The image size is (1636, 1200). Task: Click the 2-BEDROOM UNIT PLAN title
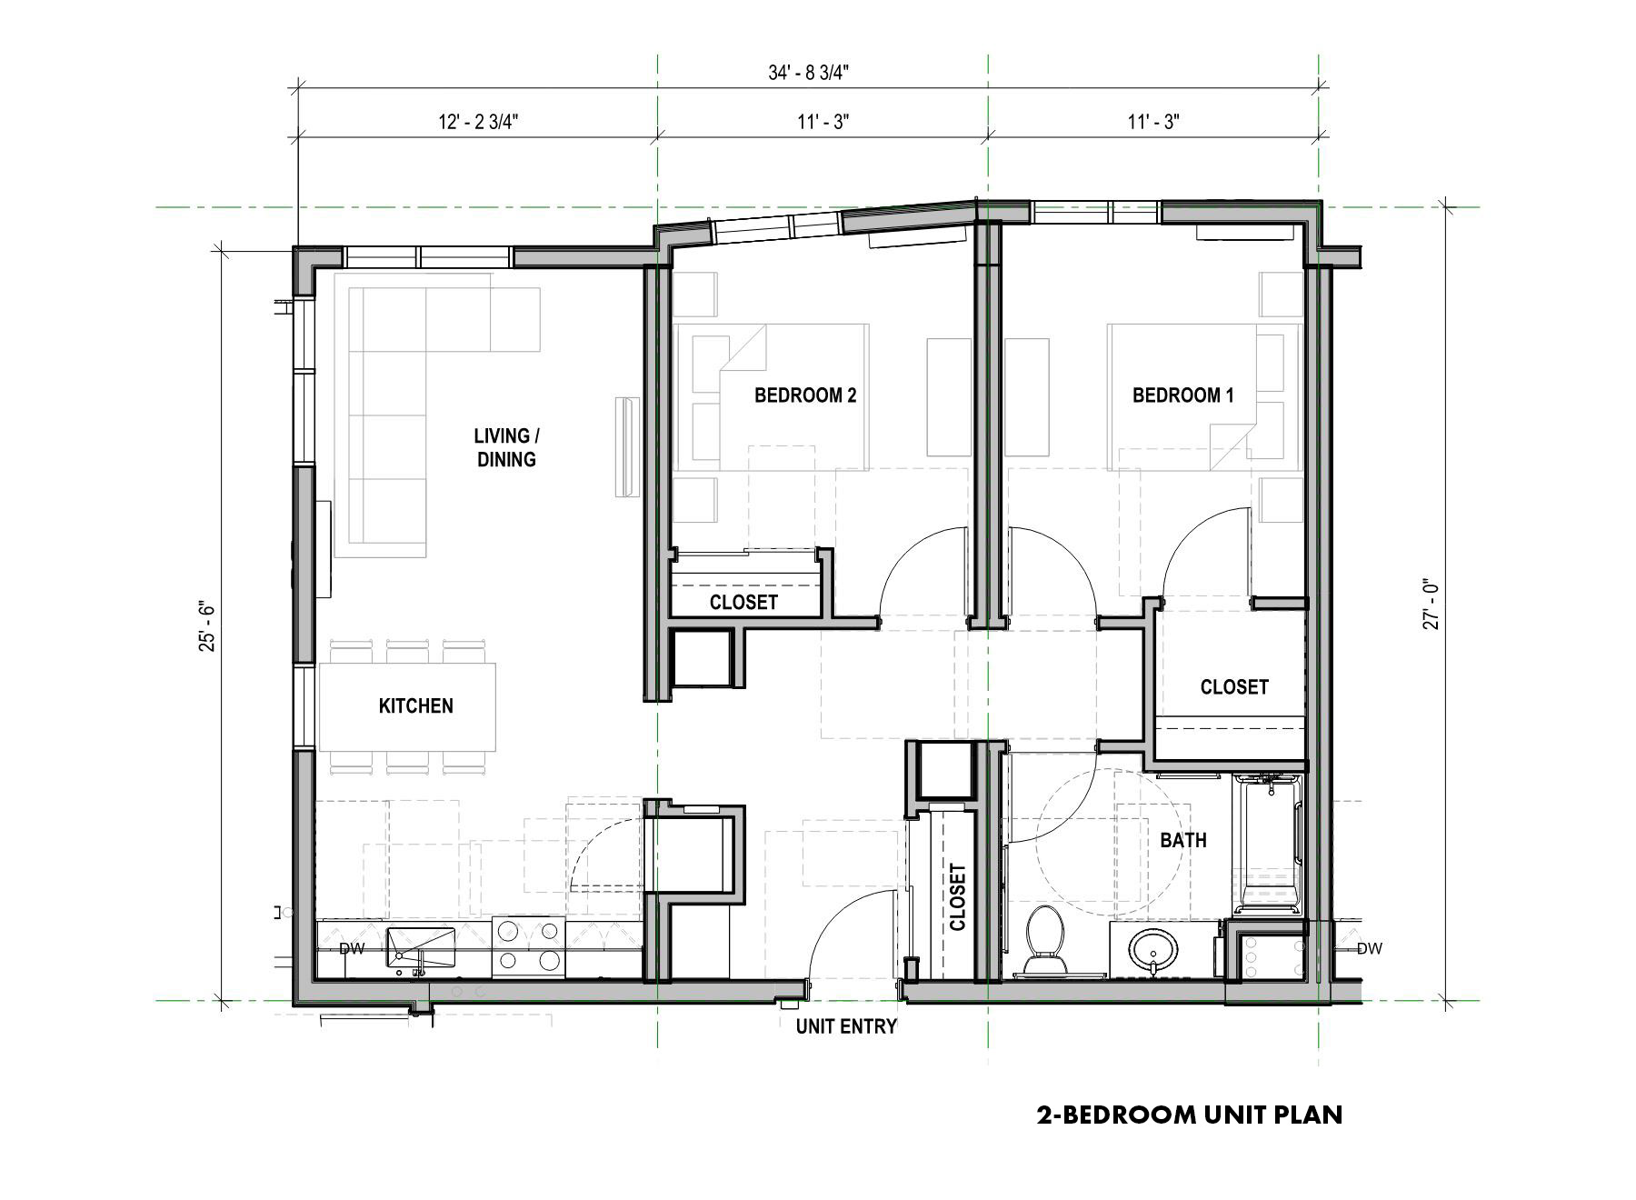point(1189,1115)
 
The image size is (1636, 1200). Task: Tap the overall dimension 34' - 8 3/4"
point(808,74)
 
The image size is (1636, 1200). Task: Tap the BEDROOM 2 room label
point(805,395)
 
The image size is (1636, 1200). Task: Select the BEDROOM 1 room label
point(1183,395)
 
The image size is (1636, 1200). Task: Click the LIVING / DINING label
point(506,448)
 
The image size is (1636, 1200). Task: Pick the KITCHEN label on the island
point(415,706)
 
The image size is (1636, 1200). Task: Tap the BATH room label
point(1183,841)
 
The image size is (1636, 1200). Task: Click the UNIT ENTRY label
point(846,1026)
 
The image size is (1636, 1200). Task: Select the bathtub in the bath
point(1269,844)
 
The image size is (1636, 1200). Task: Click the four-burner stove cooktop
point(528,947)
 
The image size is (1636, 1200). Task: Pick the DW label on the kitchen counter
point(352,949)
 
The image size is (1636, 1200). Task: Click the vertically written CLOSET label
point(957,897)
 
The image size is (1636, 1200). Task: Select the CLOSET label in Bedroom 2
point(743,603)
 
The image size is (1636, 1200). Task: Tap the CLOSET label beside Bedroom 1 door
point(1233,687)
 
